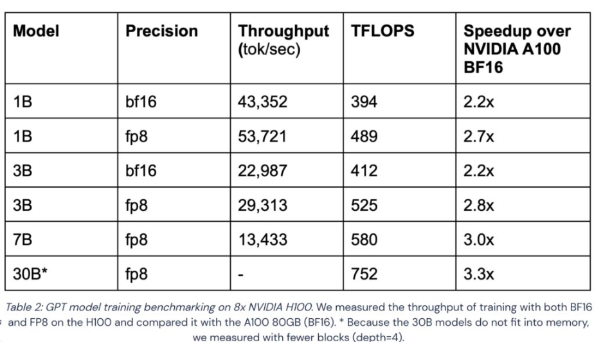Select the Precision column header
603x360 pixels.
coord(161,32)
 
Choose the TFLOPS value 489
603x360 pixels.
coord(364,136)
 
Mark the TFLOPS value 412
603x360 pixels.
coord(364,170)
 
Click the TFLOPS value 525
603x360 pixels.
coord(364,205)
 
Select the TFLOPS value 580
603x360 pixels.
coord(364,240)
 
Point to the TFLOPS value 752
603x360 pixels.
coord(364,274)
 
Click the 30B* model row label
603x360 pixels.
coord(30,274)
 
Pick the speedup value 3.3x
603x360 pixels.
coord(478,274)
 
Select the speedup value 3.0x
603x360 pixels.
coord(478,240)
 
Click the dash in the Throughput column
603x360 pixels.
coord(241,275)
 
